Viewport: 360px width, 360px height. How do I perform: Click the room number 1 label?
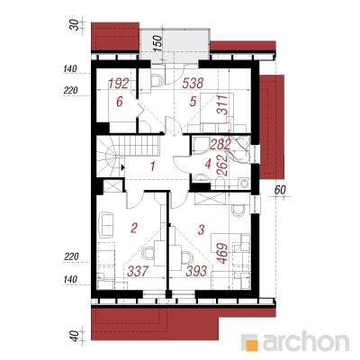(x=153, y=166)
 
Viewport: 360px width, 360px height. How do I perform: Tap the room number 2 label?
(x=134, y=229)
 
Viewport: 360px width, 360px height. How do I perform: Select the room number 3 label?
(x=202, y=229)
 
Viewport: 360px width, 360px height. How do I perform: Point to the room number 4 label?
(x=208, y=164)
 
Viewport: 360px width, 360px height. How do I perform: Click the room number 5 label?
(x=193, y=102)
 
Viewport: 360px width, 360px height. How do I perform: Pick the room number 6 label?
(x=120, y=102)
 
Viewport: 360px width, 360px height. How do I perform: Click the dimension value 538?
(x=193, y=83)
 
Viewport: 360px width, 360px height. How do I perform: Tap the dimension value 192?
(x=119, y=84)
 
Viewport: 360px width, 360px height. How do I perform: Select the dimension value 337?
(x=138, y=271)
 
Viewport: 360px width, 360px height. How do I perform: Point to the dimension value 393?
(x=196, y=271)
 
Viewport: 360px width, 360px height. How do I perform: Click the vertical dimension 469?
(x=222, y=254)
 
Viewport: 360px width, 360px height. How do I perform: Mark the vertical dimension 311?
(x=222, y=104)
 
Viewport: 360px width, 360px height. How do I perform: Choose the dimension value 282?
(x=220, y=145)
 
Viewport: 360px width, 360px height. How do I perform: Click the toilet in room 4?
(x=201, y=178)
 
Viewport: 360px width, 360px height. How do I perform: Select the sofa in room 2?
(x=105, y=224)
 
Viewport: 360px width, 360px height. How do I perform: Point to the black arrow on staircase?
(x=122, y=167)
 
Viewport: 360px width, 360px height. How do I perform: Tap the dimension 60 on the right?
(x=281, y=189)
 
